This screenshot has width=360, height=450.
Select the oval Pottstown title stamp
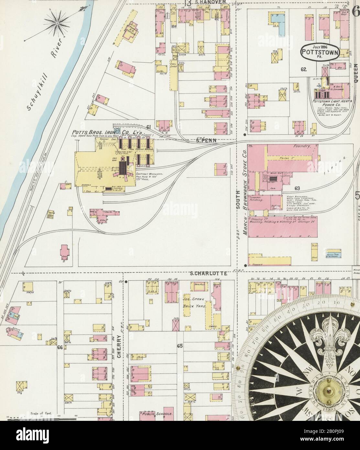(320, 51)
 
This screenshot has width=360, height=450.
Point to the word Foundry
(302, 147)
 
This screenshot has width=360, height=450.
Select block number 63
(298, 188)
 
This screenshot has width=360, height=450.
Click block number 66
(60, 348)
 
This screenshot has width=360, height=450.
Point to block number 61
(148, 127)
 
